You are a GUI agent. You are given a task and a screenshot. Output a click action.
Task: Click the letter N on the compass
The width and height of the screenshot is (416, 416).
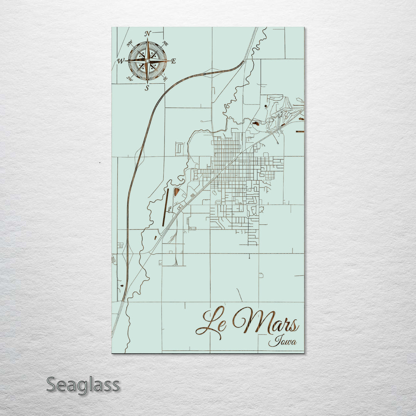(148, 34)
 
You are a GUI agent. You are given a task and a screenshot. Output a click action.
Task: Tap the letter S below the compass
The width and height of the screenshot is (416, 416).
(147, 88)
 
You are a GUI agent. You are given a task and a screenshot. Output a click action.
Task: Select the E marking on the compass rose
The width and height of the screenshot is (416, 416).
(173, 61)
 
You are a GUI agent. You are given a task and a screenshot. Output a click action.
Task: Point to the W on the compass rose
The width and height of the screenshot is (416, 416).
(121, 61)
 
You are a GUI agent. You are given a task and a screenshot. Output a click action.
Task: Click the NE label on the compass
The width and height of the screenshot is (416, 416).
(166, 43)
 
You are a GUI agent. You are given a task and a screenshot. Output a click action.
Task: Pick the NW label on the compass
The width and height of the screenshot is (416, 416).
(129, 43)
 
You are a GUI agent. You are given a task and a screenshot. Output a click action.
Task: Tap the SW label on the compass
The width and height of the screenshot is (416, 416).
(129, 79)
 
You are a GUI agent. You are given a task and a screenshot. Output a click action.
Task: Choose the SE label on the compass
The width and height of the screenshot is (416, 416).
(165, 79)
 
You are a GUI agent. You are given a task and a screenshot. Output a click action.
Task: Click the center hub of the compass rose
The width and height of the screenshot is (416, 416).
(147, 61)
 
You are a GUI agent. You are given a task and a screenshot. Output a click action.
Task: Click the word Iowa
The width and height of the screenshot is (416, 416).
(283, 341)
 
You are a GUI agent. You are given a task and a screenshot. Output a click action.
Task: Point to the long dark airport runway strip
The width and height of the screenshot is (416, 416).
(165, 208)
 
